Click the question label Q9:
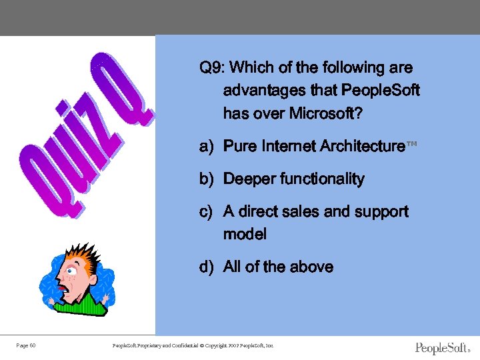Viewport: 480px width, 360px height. pos(212,68)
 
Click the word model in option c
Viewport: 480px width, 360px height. pos(245,234)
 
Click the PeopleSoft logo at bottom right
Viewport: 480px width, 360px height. pos(442,348)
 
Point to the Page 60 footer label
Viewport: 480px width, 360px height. pos(26,345)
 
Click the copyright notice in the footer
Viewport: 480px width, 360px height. pos(193,345)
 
